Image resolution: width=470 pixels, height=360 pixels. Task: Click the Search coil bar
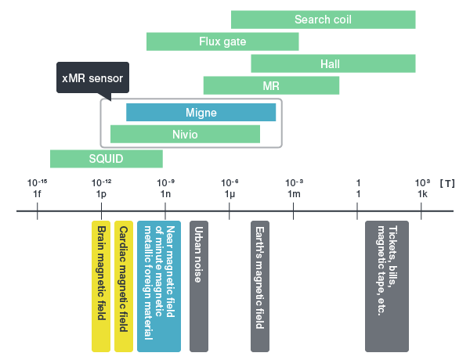(323, 20)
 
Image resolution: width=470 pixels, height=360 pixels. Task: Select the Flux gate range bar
(222, 41)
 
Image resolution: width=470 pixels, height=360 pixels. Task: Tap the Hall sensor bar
(333, 63)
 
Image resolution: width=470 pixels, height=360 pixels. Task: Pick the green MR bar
(271, 85)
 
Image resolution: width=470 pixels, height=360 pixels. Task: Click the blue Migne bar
(201, 113)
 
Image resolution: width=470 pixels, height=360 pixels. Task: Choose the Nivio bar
(185, 134)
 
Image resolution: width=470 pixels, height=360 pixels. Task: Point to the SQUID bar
(106, 159)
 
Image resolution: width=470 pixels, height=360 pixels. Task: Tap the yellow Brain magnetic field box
(102, 286)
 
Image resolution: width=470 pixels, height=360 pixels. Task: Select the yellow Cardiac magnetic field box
(123, 286)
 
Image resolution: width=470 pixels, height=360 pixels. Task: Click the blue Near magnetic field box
(159, 286)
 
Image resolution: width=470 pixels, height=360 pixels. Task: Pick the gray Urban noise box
(199, 286)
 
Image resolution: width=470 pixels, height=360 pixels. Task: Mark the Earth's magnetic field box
(260, 286)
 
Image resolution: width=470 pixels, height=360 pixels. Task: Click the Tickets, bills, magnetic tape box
(387, 286)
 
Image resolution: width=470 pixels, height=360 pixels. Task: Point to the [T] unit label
(448, 182)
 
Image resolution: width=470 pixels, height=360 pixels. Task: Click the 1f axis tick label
(37, 193)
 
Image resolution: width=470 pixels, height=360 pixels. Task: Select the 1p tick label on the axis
(101, 193)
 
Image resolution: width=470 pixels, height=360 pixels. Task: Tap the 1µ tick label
(230, 193)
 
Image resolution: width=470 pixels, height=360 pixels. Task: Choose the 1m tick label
(294, 193)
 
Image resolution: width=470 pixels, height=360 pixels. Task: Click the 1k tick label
(422, 193)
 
